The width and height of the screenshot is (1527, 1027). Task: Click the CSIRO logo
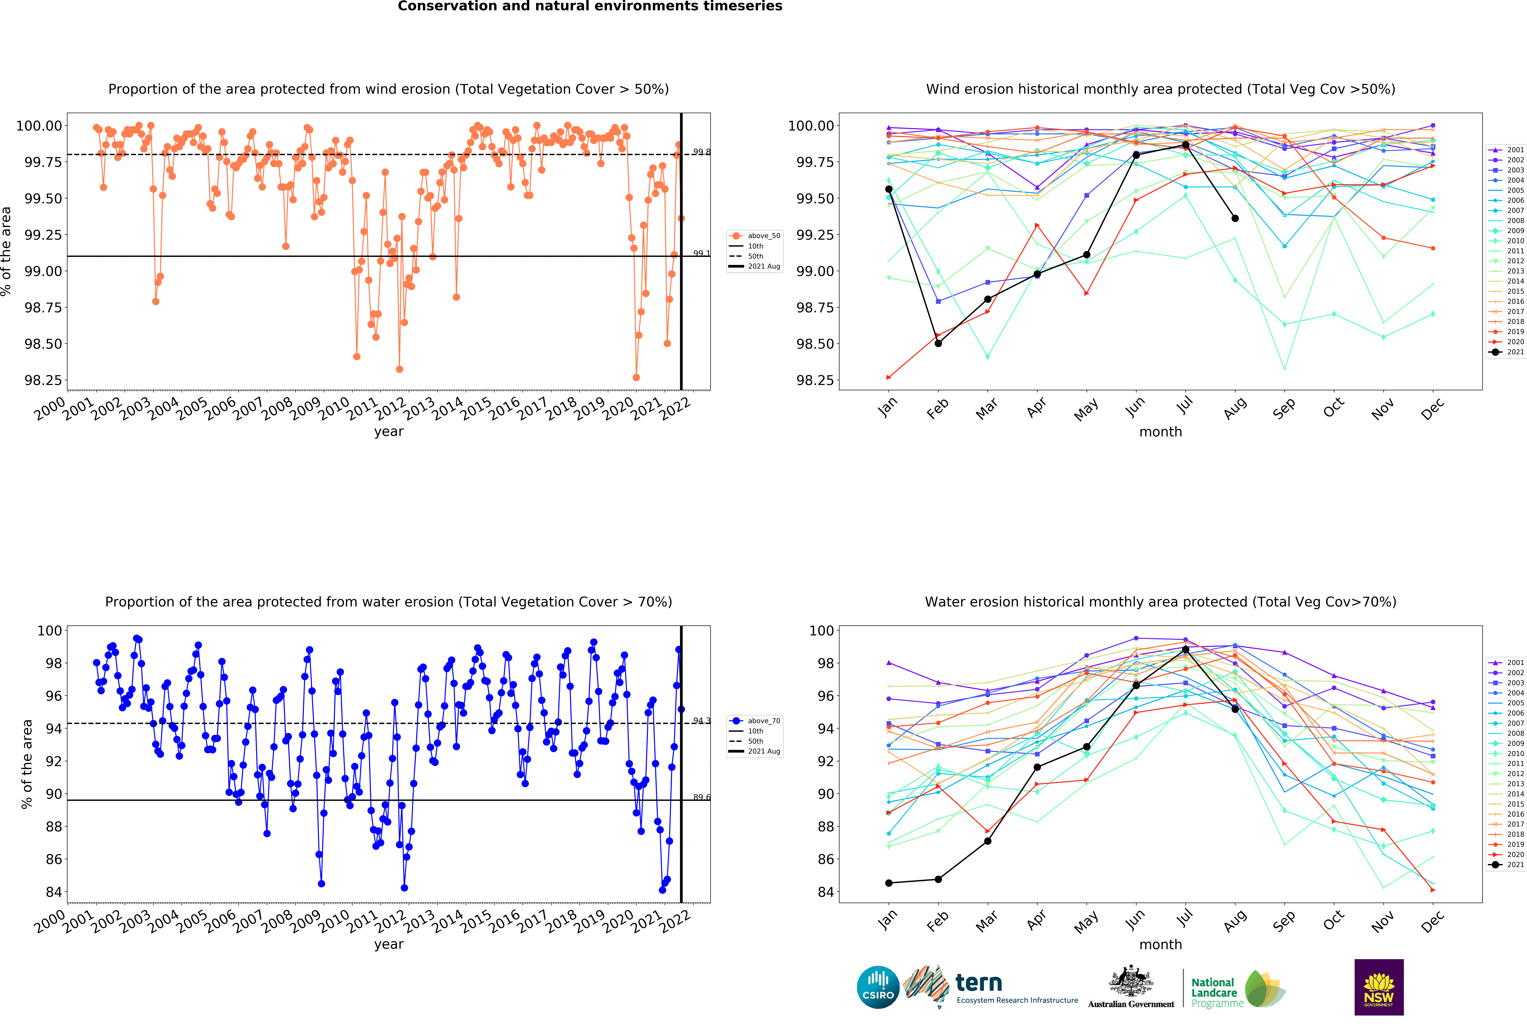(x=878, y=987)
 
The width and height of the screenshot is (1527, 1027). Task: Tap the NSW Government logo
(x=1378, y=987)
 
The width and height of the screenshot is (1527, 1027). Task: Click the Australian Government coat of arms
(x=1130, y=981)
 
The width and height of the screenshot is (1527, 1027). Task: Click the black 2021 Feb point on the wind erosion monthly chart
(x=938, y=343)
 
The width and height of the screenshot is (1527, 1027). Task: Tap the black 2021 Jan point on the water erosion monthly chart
(x=888, y=883)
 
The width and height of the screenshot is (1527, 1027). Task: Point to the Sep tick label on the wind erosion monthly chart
(x=1283, y=408)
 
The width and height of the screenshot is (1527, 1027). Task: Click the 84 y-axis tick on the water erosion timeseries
(x=54, y=892)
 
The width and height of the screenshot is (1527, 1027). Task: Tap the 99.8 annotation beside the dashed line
(x=702, y=152)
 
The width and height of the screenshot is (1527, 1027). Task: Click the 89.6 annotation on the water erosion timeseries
(x=702, y=797)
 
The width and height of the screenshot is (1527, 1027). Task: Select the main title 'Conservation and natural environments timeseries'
(x=590, y=7)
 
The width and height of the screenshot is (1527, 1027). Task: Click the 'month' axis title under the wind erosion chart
(x=1160, y=432)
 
